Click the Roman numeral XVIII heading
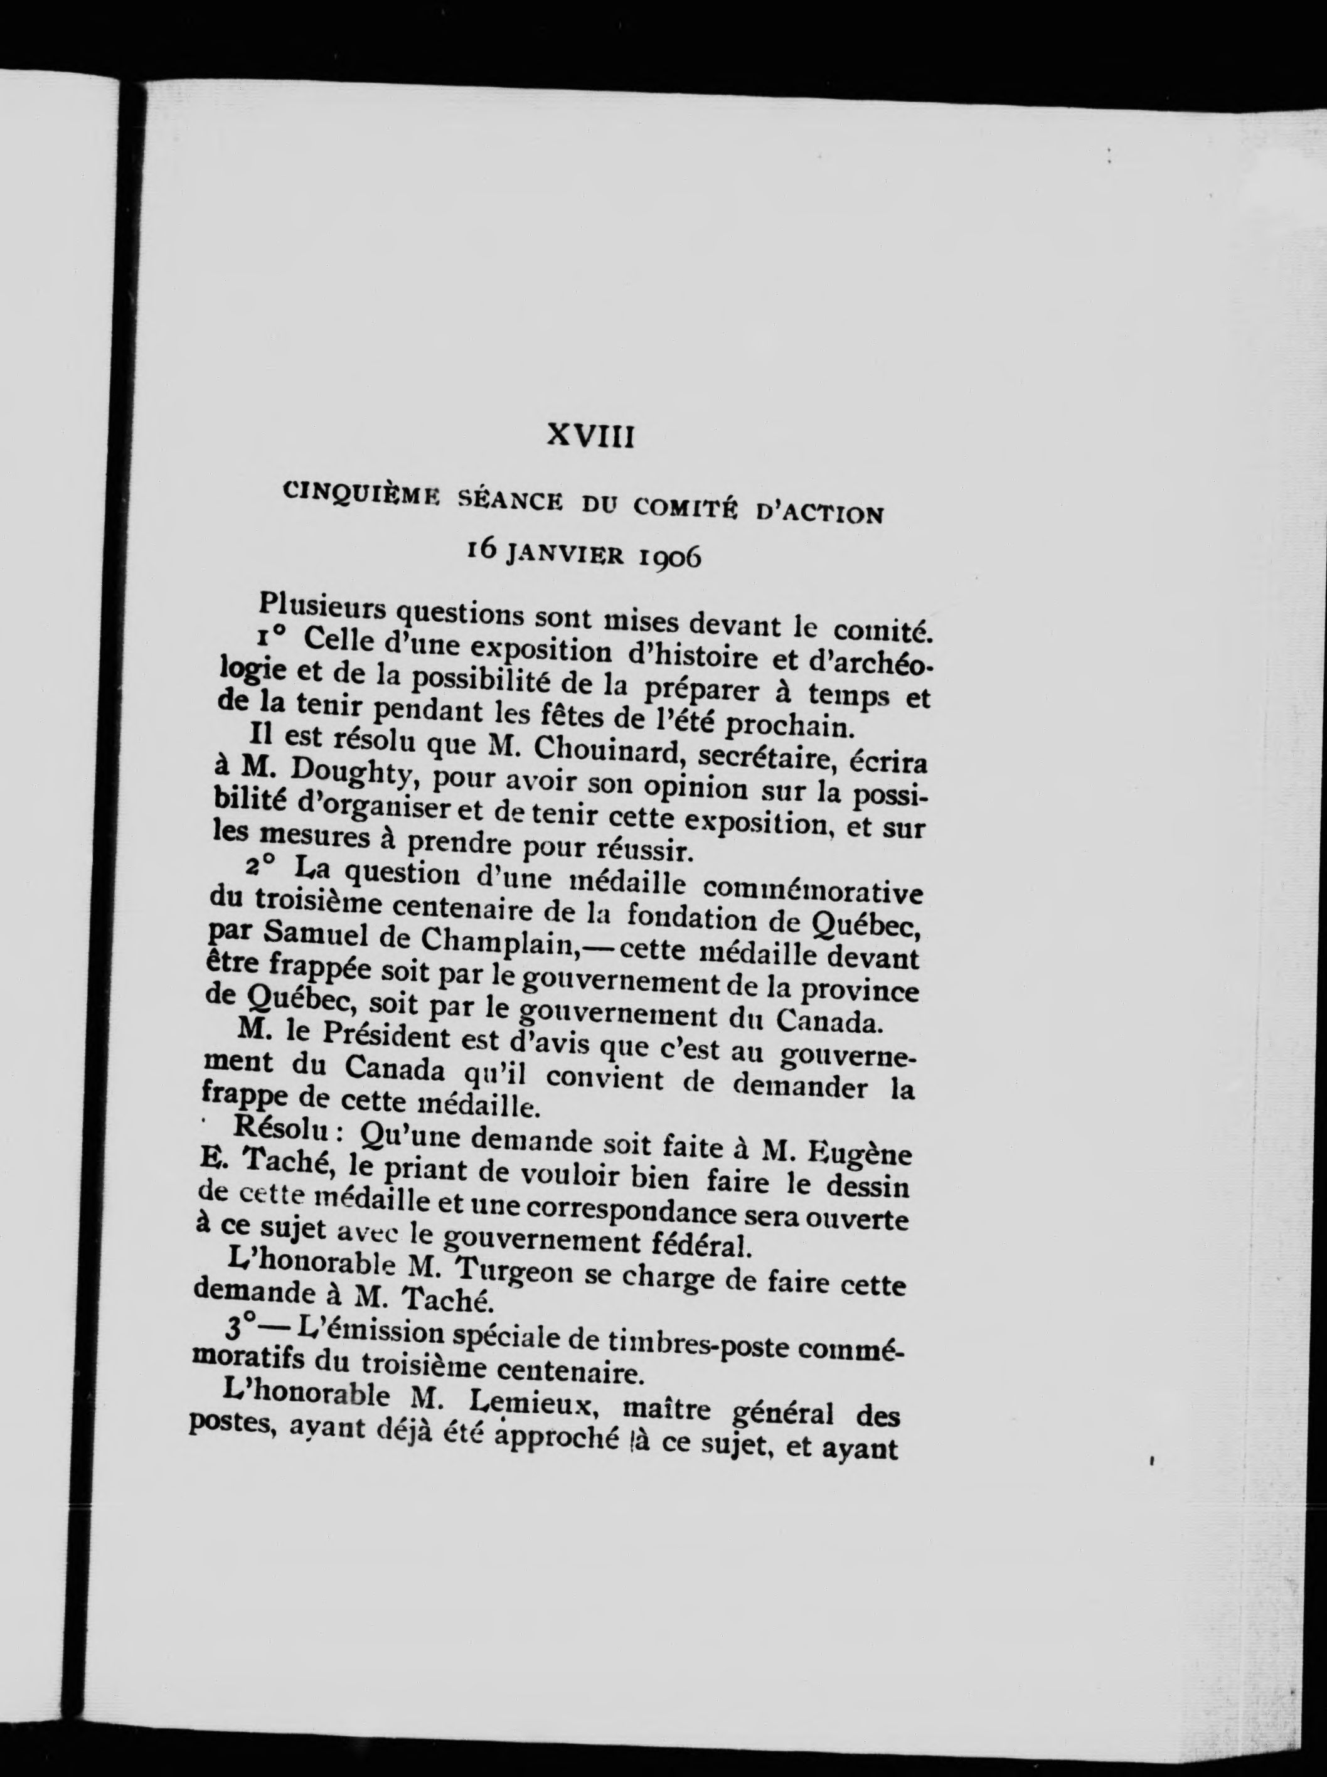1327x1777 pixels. (x=590, y=436)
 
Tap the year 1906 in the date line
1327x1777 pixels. (x=668, y=556)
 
